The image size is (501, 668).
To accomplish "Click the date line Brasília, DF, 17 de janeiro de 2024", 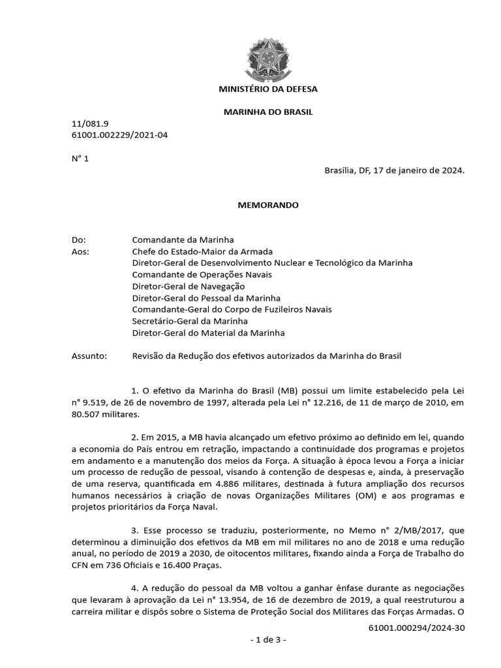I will point(394,170).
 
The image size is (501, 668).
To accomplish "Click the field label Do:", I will point(78,240).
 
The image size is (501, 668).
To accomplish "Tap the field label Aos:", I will point(79,252).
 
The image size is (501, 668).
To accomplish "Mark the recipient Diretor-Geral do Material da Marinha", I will point(208,333).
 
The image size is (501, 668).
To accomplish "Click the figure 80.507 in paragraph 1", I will point(87,414).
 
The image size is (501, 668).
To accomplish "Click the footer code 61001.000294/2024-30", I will point(416,628).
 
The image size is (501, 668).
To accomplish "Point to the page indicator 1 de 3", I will point(268,640).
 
